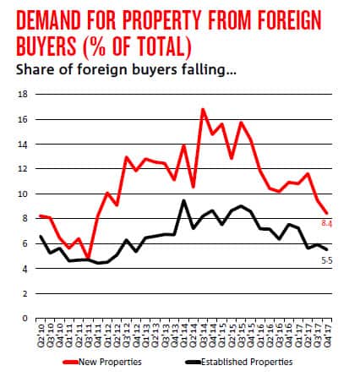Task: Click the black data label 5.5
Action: click(x=326, y=259)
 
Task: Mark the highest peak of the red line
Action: click(x=203, y=109)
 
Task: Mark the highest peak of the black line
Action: click(x=184, y=200)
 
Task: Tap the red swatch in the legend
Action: click(x=74, y=362)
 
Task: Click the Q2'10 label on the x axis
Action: click(x=40, y=331)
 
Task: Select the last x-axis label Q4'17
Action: click(x=327, y=331)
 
